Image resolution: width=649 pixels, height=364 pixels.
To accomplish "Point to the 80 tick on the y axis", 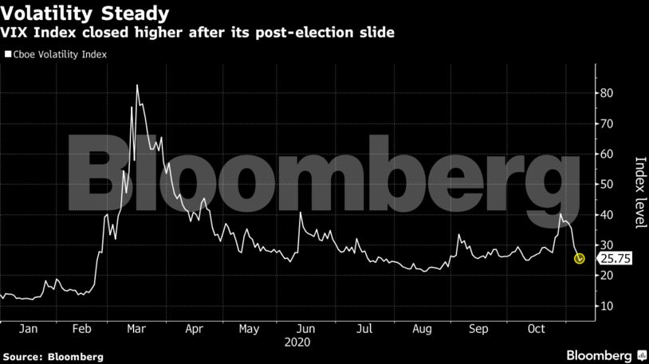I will pyautogui.click(x=607, y=93).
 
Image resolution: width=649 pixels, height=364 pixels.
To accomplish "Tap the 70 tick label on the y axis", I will pyautogui.click(x=607, y=123).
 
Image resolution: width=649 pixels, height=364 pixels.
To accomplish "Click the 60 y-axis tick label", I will pyautogui.click(x=607, y=154).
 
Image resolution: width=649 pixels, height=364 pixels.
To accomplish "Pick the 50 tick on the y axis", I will pyautogui.click(x=607, y=184).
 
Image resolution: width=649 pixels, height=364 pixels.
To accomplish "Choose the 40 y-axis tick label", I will pyautogui.click(x=607, y=215).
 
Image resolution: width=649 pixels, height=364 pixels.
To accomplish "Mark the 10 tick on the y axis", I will pyautogui.click(x=607, y=306).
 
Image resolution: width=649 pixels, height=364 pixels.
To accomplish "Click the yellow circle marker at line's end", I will pyautogui.click(x=580, y=258).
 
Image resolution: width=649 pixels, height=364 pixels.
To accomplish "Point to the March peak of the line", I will pyautogui.click(x=137, y=85).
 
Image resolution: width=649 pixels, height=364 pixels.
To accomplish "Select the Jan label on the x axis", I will pyautogui.click(x=27, y=329).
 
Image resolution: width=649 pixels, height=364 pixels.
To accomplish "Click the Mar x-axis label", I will pyautogui.click(x=136, y=329).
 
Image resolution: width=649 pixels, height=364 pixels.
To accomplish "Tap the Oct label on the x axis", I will pyautogui.click(x=537, y=329).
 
